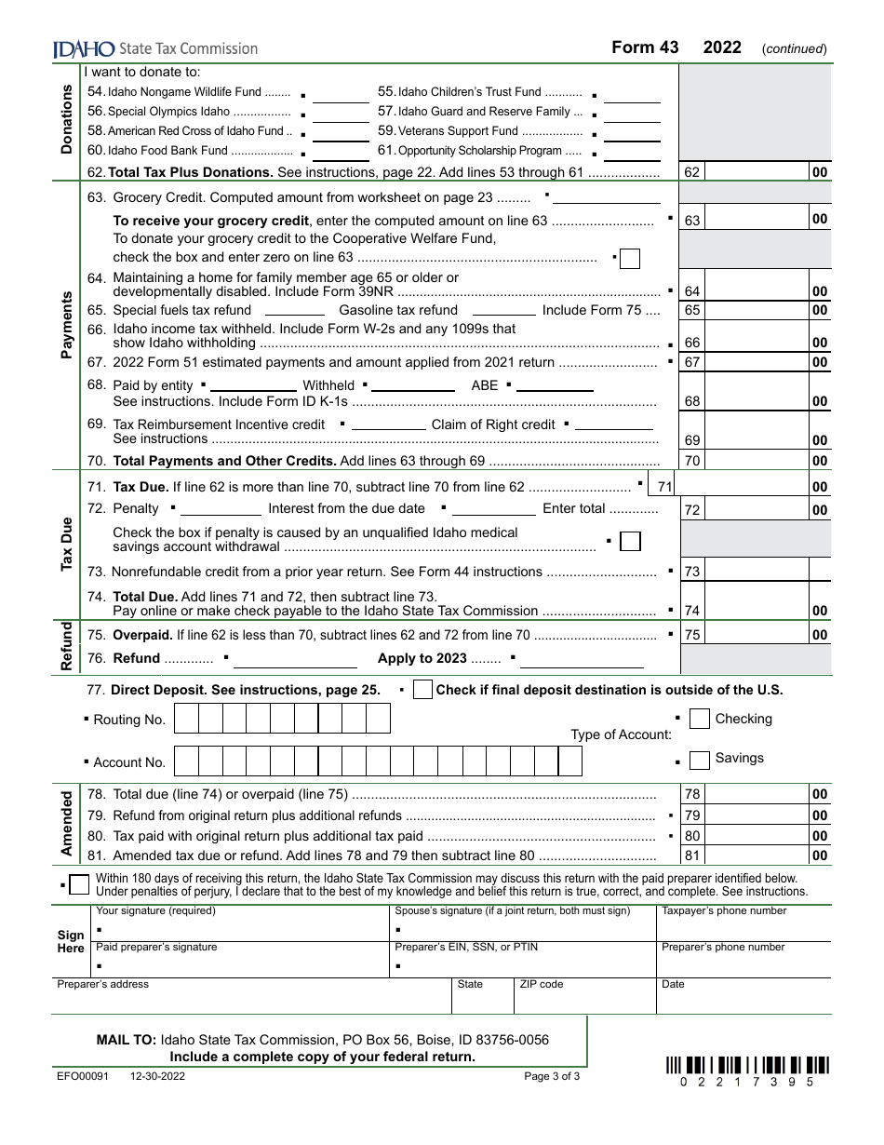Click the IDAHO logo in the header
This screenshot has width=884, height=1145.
tap(84, 48)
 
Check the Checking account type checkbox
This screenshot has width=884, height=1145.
tap(699, 720)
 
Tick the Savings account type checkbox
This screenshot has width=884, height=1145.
tap(699, 760)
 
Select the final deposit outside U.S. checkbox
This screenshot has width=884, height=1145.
tap(422, 690)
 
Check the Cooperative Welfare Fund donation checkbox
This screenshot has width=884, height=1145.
tap(629, 258)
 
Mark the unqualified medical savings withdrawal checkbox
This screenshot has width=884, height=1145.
tap(630, 541)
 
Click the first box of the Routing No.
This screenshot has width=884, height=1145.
tap(186, 720)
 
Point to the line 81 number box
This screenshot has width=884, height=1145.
tap(692, 855)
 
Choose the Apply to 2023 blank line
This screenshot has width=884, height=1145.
tap(581, 659)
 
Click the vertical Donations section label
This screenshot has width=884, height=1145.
tap(67, 119)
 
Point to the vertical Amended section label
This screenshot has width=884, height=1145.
tap(67, 824)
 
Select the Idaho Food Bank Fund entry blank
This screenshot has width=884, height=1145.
tap(345, 151)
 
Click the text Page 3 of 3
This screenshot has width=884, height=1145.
tap(552, 1076)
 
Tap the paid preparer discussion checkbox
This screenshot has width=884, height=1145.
tap(80, 883)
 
